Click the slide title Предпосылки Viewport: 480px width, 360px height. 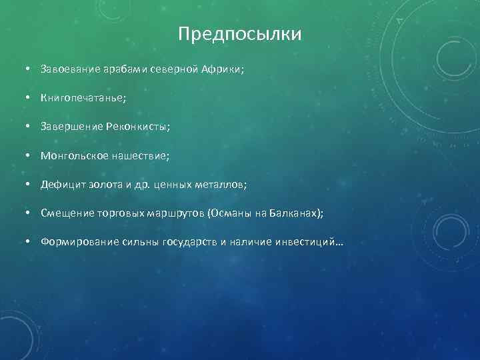coord(240,34)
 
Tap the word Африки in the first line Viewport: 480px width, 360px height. coord(225,69)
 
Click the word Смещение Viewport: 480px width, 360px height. coord(65,213)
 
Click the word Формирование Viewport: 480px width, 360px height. coord(77,241)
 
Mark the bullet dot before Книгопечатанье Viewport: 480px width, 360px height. coord(25,98)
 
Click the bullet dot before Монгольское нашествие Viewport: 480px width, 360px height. coord(25,155)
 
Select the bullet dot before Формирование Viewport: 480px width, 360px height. coord(25,241)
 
